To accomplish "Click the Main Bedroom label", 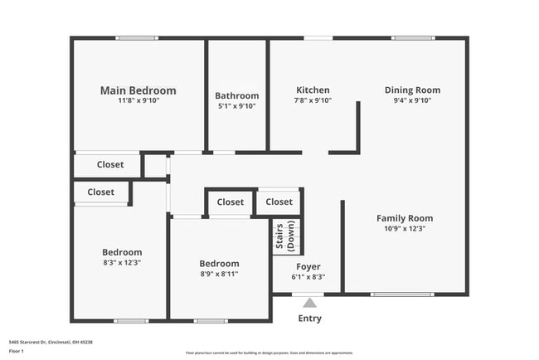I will [138, 90].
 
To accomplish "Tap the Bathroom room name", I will [236, 95].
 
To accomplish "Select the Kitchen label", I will [313, 90].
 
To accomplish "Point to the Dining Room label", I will [412, 90].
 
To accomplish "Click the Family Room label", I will [405, 218].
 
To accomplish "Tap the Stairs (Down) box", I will [285, 236].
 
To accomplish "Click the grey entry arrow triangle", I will [309, 303].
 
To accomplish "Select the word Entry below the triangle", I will [309, 319].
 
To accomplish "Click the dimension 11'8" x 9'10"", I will [138, 100].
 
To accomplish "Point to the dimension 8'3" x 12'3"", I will [122, 263].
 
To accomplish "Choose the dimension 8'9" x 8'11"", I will [219, 274].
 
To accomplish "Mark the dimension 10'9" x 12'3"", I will [405, 229].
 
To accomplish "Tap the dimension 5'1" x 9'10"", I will [236, 106].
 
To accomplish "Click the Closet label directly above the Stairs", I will [279, 202].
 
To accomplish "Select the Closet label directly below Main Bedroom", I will [109, 164].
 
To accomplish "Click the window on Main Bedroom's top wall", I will [137, 37].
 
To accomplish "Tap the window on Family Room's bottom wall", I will [401, 294].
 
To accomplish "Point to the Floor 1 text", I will [17, 352].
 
